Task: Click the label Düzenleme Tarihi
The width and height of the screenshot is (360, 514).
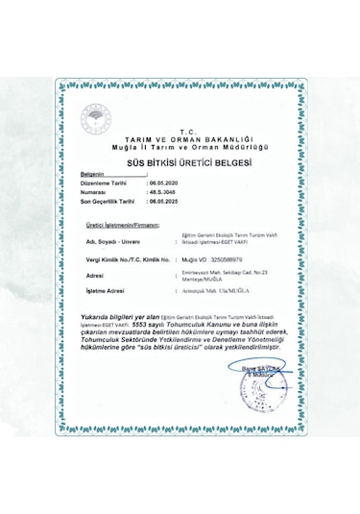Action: [104, 182]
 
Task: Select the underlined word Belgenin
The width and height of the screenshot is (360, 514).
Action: [97, 174]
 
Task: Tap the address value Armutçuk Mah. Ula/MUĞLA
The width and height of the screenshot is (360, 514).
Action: [210, 289]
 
